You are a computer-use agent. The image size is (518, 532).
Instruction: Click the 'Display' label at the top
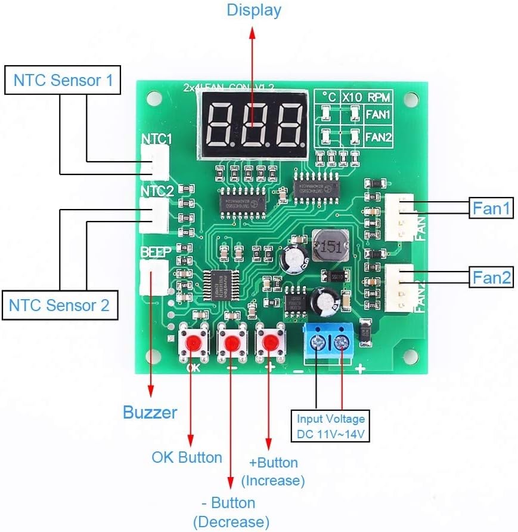click(x=254, y=10)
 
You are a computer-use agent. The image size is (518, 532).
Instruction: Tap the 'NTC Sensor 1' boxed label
click(x=63, y=80)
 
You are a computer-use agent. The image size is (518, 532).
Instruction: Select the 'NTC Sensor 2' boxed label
click(x=59, y=305)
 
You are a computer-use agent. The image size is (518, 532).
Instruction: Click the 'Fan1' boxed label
click(x=492, y=208)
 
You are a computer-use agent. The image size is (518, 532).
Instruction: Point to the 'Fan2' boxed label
click(x=492, y=277)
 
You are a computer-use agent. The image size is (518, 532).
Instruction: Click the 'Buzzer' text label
click(x=150, y=412)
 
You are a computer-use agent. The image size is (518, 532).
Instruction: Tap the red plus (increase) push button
click(x=269, y=342)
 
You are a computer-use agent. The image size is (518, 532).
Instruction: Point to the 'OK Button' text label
click(x=187, y=457)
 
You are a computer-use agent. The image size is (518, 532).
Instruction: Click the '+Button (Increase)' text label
click(x=273, y=471)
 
